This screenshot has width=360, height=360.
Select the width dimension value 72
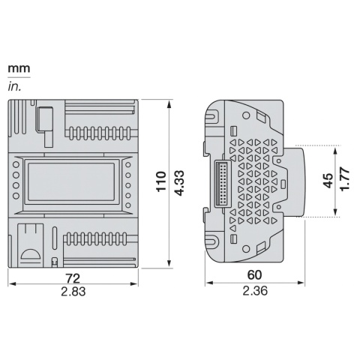pyautogui.click(x=73, y=278)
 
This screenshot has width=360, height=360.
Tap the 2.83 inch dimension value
pyautogui.click(x=73, y=292)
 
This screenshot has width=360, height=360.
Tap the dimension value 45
pyautogui.click(x=328, y=181)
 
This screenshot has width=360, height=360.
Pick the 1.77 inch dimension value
pyautogui.click(x=344, y=181)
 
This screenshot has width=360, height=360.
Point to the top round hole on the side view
pyautogui.click(x=212, y=117)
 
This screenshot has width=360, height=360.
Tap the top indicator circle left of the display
pyautogui.click(x=16, y=164)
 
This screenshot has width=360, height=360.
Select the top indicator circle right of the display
pyautogui.click(x=128, y=164)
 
